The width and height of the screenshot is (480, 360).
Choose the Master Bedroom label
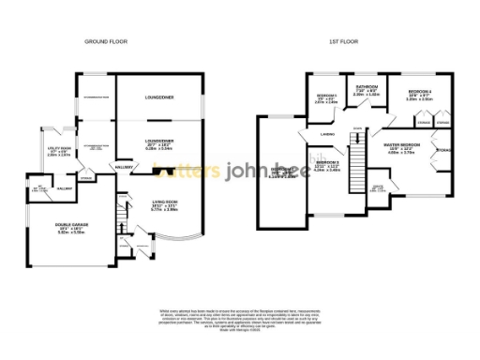(402, 148)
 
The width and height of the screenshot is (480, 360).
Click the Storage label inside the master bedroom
(443, 151)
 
